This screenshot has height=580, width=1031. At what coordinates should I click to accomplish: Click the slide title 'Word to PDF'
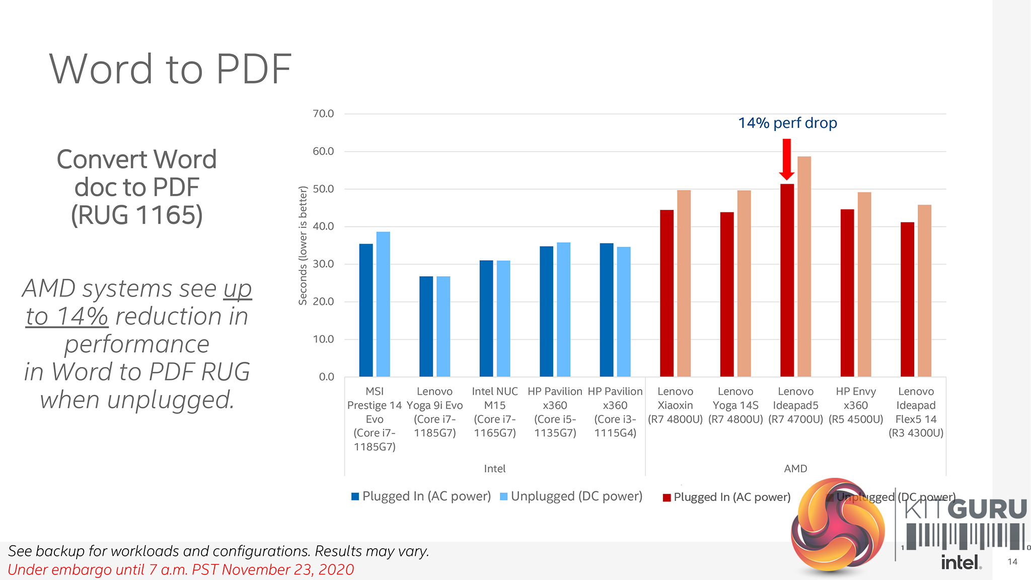[170, 69]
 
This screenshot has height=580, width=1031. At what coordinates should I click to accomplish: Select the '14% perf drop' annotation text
[787, 123]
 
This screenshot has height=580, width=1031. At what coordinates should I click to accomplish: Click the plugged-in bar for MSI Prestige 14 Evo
[366, 310]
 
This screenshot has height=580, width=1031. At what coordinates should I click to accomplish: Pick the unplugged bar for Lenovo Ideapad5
[804, 267]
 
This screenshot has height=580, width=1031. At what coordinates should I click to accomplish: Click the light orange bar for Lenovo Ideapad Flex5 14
[924, 291]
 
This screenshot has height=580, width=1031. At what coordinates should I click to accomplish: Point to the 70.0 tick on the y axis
[323, 114]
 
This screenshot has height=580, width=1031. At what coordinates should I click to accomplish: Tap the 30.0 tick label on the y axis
[323, 264]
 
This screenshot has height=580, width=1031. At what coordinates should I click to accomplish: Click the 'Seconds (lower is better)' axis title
[303, 246]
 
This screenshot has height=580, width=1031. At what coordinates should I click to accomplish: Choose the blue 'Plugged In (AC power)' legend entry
[421, 496]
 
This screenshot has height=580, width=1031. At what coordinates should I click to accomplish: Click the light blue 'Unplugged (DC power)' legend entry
[571, 496]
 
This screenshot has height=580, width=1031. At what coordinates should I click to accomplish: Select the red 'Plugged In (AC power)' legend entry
[726, 497]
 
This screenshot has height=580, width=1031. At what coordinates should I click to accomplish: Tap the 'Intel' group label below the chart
[494, 469]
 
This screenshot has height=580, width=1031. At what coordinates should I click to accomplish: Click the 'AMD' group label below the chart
[795, 469]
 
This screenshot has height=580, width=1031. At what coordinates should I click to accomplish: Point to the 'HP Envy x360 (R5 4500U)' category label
[856, 405]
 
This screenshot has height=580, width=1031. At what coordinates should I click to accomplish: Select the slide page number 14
[1012, 562]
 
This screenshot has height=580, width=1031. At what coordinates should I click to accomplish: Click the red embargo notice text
[181, 570]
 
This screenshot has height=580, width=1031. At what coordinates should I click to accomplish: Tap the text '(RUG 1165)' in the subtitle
[136, 215]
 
